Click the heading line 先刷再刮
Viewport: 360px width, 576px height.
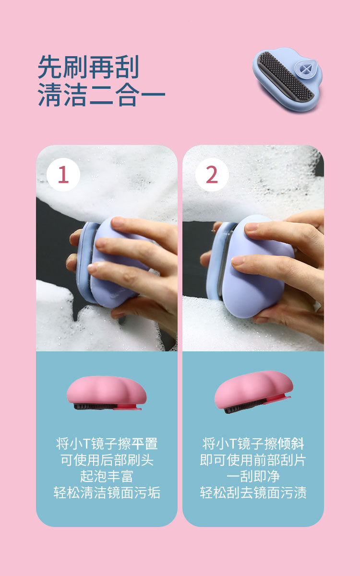click(88, 67)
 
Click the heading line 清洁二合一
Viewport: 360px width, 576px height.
click(102, 95)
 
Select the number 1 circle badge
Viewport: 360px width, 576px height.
click(63, 175)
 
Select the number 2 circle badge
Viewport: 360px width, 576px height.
click(212, 175)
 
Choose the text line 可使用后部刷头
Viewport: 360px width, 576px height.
click(107, 460)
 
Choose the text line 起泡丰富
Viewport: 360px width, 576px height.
click(107, 477)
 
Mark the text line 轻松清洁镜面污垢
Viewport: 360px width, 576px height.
click(107, 493)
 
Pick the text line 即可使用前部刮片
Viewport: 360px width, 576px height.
click(253, 460)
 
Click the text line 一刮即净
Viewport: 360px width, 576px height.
click(253, 477)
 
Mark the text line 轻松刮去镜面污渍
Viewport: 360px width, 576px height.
click(253, 493)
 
